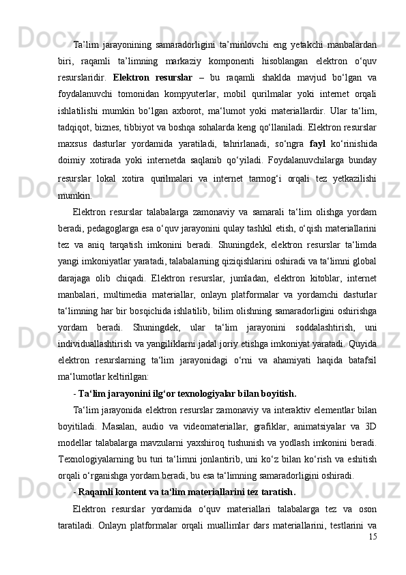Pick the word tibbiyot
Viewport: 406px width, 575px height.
[151, 127]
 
